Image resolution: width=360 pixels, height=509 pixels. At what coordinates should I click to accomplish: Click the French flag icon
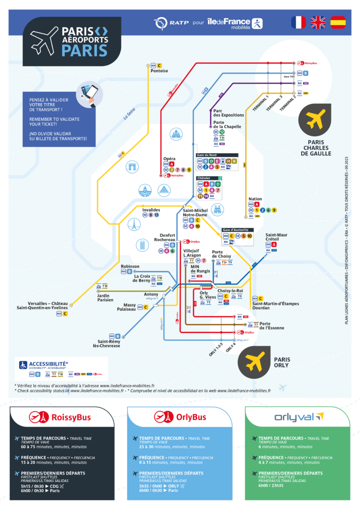click(x=298, y=22)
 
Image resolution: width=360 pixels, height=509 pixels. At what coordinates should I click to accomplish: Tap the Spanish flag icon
click(x=338, y=22)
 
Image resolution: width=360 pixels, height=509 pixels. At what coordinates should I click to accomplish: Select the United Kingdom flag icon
click(x=318, y=22)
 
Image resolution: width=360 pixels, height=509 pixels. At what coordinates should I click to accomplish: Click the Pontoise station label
click(x=159, y=71)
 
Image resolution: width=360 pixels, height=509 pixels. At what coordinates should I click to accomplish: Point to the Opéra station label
click(x=169, y=158)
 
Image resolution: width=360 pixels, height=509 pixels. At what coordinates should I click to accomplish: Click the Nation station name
click(x=255, y=199)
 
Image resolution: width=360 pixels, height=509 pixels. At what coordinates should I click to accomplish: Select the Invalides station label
click(x=151, y=210)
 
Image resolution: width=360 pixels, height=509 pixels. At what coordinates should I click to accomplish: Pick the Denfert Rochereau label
click(x=164, y=238)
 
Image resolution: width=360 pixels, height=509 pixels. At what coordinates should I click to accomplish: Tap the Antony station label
click(x=151, y=294)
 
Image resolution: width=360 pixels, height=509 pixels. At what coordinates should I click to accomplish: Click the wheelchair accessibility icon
click(x=23, y=364)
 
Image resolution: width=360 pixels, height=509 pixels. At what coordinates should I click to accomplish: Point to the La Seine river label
click(x=129, y=113)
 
